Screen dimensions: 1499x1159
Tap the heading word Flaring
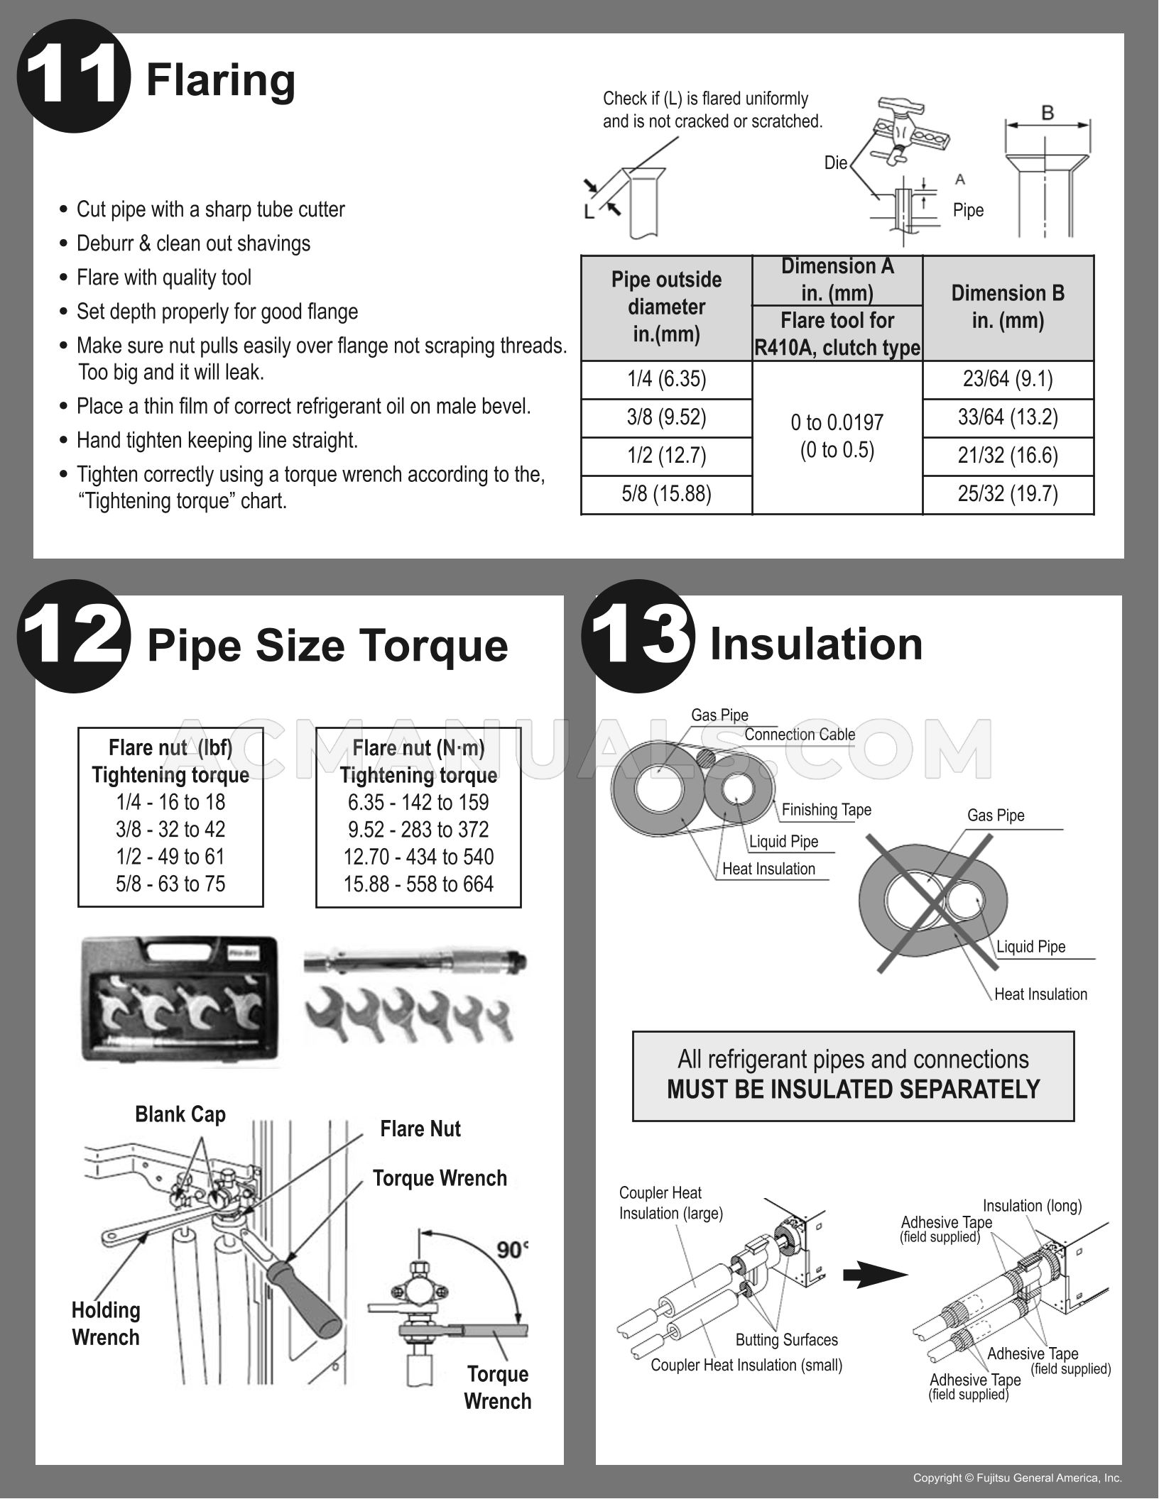(220, 79)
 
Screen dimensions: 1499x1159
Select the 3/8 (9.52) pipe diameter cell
(666, 417)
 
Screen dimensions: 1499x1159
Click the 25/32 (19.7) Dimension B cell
(1008, 493)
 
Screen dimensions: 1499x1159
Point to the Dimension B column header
(1008, 307)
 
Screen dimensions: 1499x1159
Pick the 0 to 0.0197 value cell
(837, 436)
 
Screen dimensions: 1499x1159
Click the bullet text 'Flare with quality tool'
(164, 278)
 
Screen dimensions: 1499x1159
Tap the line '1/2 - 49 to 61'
(170, 857)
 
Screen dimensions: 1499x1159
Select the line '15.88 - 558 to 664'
(418, 884)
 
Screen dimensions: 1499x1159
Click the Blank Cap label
(180, 1114)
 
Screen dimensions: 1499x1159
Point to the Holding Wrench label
(106, 1324)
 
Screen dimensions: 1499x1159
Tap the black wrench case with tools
(180, 1001)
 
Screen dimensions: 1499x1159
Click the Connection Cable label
(800, 735)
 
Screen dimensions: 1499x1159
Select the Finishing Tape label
(826, 810)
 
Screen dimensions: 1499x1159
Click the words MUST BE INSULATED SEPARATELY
(853, 1089)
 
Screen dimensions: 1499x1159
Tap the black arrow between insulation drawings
(875, 1275)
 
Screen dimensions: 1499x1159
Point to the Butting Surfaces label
(786, 1340)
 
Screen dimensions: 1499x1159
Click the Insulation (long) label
(1032, 1206)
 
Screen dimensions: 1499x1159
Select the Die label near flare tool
(835, 163)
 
